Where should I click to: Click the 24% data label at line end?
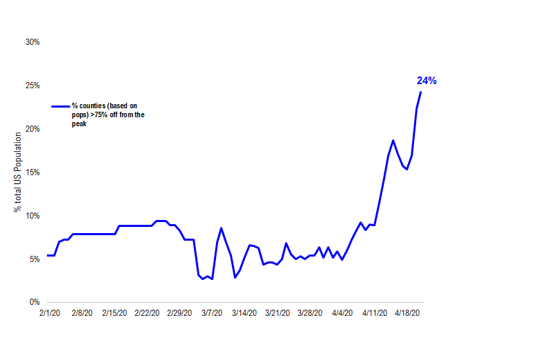(426, 81)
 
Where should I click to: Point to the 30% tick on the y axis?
(32, 42)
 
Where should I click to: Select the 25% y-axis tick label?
(32, 86)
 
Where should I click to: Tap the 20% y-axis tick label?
(32, 129)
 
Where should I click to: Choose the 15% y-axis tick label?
(32, 172)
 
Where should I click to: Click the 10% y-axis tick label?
(32, 216)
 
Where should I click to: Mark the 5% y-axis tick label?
(35, 259)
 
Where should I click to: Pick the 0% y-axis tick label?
(35, 303)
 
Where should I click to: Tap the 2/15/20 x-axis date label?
(114, 312)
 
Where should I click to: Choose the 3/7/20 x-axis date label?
(211, 312)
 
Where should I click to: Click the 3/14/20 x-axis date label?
(244, 312)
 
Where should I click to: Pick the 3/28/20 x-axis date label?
(310, 312)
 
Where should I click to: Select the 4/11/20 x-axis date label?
(375, 312)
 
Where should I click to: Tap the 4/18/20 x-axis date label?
(408, 312)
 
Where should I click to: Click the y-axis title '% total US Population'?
(18, 172)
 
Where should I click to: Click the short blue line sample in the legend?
(61, 106)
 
